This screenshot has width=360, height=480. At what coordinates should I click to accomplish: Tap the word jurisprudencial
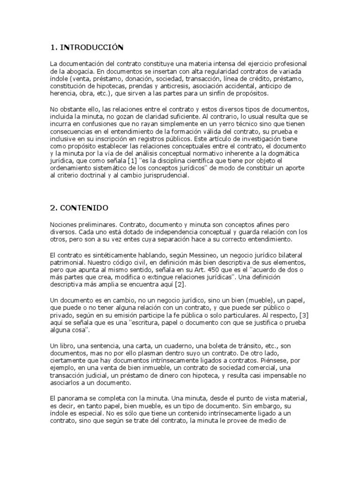click(x=162, y=175)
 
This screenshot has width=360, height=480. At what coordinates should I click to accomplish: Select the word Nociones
click(x=64, y=224)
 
